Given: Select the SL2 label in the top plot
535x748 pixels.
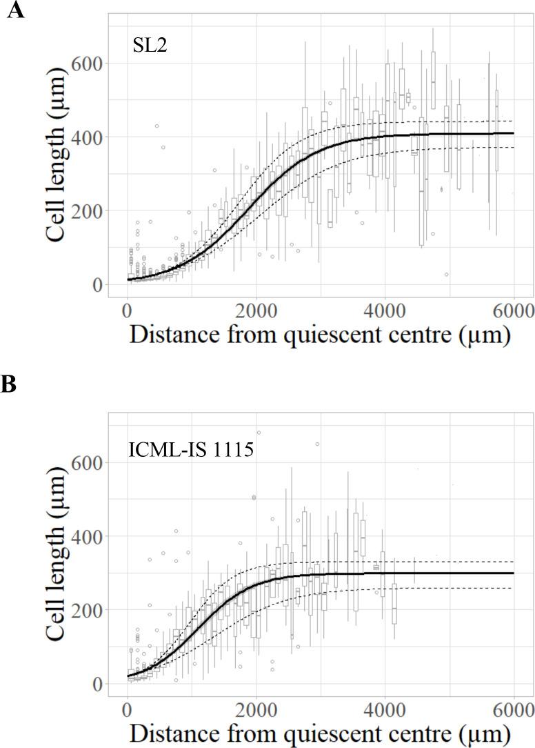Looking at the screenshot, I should point(150,46).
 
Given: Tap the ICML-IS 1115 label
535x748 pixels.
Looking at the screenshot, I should point(181,450).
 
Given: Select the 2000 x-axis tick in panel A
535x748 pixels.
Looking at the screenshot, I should point(256,308).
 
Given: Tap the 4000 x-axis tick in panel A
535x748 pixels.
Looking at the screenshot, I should point(385,308).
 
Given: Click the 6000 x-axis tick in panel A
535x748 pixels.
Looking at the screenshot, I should point(514,308).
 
